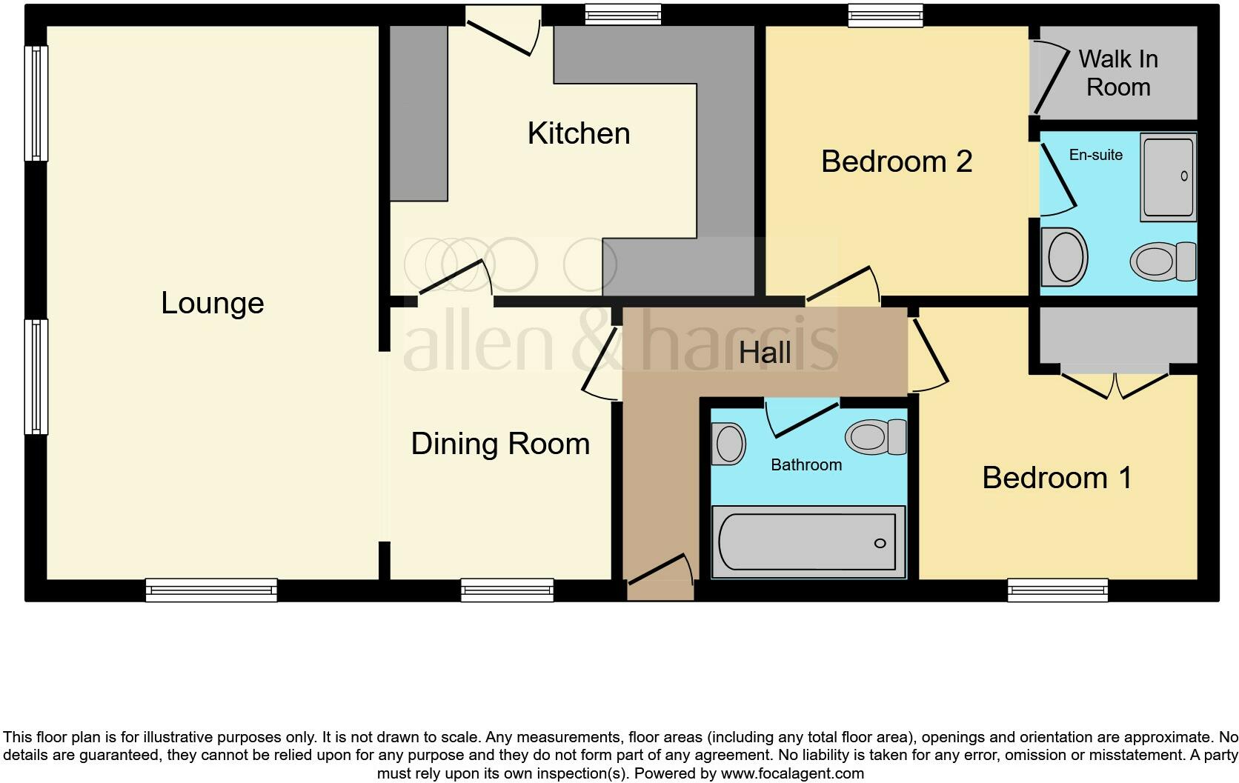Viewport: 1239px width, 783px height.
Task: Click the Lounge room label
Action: [x=213, y=303]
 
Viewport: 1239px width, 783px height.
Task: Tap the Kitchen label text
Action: [x=579, y=133]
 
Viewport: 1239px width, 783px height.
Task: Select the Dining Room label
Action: [x=500, y=444]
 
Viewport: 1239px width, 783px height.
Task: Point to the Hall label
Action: [x=765, y=353]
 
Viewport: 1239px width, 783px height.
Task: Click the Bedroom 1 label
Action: [x=1057, y=478]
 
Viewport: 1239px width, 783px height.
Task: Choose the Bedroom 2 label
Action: [x=896, y=161]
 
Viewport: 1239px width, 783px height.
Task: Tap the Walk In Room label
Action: [x=1117, y=73]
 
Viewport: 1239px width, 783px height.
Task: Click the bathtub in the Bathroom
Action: [x=808, y=542]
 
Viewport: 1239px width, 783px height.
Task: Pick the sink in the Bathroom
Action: [x=728, y=443]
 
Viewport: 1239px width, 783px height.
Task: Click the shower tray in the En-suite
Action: [x=1169, y=176]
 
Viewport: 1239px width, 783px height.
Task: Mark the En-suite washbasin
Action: [x=1064, y=256]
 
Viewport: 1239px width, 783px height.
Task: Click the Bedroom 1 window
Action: [x=1057, y=590]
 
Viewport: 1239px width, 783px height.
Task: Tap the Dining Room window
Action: [x=507, y=590]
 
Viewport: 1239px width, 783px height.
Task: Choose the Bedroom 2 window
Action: [x=886, y=15]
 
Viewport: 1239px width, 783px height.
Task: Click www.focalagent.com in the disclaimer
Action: [x=791, y=774]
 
